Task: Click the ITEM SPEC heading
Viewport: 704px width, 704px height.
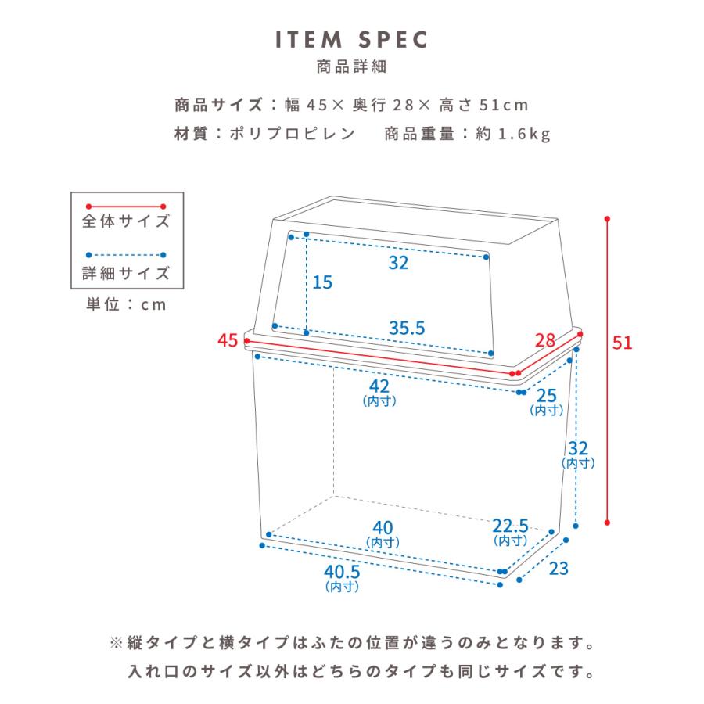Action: pyautogui.click(x=351, y=39)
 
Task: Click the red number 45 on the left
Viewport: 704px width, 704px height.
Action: pyautogui.click(x=228, y=341)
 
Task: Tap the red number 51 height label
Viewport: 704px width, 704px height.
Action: pyautogui.click(x=622, y=343)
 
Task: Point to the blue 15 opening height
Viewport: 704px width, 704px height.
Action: pyautogui.click(x=322, y=282)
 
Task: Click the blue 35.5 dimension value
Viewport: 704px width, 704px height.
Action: pyautogui.click(x=406, y=329)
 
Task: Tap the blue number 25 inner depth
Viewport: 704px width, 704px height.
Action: pyautogui.click(x=547, y=396)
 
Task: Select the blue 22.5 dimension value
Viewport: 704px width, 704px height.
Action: pyautogui.click(x=510, y=525)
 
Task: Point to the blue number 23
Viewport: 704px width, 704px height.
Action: pyautogui.click(x=558, y=569)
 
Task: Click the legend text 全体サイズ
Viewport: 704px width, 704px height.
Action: pyautogui.click(x=126, y=221)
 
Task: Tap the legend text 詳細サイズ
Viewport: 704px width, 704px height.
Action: pyautogui.click(x=126, y=273)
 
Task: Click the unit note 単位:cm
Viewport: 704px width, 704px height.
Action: pyautogui.click(x=126, y=305)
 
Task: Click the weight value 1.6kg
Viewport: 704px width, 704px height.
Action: pyautogui.click(x=523, y=134)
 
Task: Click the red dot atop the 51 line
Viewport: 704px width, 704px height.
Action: pyautogui.click(x=608, y=220)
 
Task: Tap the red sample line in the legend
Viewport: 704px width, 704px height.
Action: pyautogui.click(x=126, y=205)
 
